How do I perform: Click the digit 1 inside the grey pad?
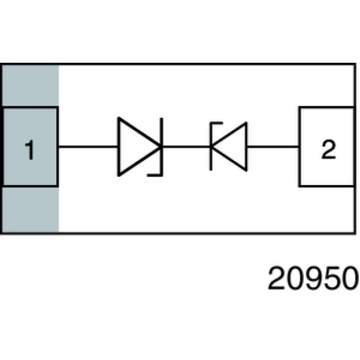point(30,150)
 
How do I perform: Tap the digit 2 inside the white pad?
point(328,149)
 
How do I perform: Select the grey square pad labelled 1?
point(30,146)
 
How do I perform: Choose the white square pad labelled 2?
point(327,146)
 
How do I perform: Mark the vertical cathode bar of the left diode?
point(162,146)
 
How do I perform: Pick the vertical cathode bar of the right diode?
point(211,146)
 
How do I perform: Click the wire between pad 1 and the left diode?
point(88,146)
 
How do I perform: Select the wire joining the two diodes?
point(186,146)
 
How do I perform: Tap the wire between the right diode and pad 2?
point(273,146)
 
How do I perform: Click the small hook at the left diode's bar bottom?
point(154,175)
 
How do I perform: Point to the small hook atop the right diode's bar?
point(216,124)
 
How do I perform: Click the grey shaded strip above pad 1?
point(30,86)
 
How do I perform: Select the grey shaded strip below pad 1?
point(30,209)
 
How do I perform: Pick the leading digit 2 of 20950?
point(276,278)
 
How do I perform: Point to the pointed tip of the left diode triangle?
point(161,146)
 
